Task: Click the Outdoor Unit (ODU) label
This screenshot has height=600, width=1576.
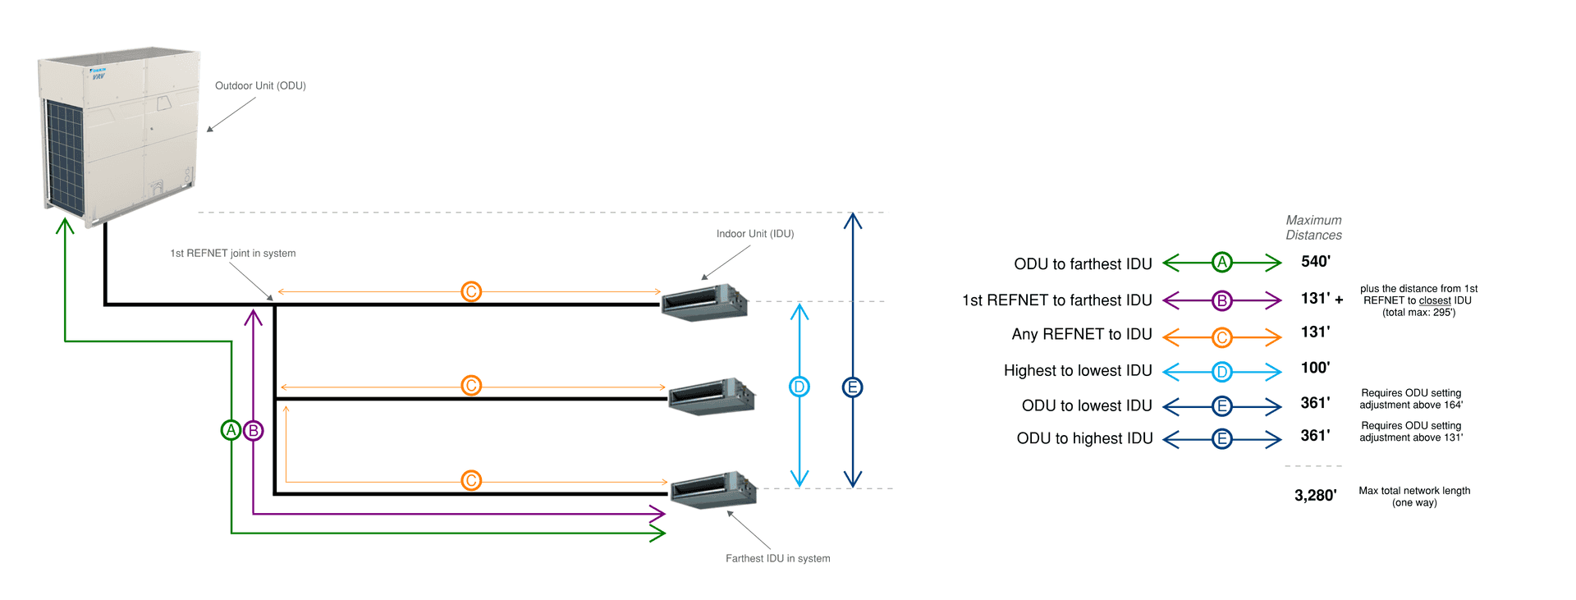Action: pos(260,86)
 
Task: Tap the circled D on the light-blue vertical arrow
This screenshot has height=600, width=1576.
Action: pos(799,387)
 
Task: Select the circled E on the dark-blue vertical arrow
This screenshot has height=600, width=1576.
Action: pos(852,387)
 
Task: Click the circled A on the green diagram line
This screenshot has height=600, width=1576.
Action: pos(231,429)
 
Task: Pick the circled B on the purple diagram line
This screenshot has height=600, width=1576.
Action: pos(254,430)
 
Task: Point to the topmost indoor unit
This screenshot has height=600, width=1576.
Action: pos(705,303)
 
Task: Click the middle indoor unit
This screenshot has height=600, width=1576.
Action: pos(712,397)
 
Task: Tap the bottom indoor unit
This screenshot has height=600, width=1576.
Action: pos(713,491)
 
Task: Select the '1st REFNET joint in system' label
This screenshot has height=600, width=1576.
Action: pos(232,254)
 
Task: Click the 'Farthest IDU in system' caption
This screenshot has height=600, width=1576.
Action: pos(777,559)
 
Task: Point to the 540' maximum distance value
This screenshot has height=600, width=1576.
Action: pos(1315,262)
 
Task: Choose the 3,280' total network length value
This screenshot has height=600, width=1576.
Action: pos(1315,496)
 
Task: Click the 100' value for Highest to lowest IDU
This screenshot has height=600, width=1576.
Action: pos(1315,369)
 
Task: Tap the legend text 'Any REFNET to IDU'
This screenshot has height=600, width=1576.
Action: pos(1081,335)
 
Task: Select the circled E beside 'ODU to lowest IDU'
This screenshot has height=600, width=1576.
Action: pos(1222,406)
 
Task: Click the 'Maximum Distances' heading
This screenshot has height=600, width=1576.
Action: pos(1313,228)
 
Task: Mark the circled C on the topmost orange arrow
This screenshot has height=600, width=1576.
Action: pos(471,291)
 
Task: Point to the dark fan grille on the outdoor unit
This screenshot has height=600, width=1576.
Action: pos(64,156)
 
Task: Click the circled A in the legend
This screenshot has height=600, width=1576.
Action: pos(1222,263)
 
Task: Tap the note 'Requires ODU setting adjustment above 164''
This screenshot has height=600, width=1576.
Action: pos(1411,400)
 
